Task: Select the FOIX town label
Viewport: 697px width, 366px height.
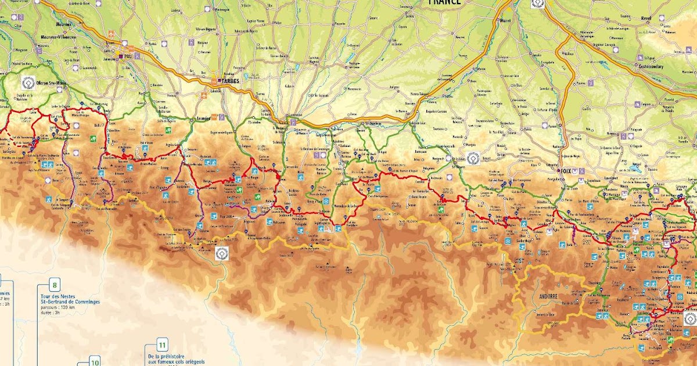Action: click(x=566, y=171)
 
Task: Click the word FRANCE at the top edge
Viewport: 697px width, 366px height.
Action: click(x=444, y=2)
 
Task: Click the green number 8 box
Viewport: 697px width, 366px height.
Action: click(x=55, y=285)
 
